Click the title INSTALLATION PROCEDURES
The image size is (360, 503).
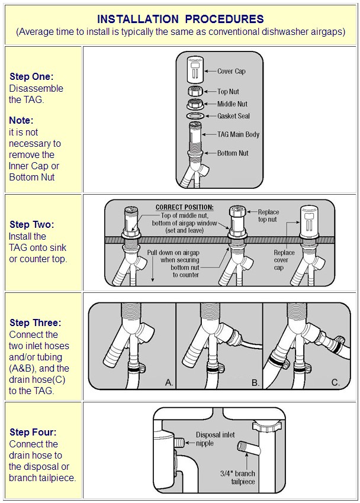pos(181,19)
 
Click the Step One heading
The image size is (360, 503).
pos(31,77)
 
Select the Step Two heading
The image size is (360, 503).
pos(32,224)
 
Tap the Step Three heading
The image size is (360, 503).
pos(36,323)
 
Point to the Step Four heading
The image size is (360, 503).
pos(33,433)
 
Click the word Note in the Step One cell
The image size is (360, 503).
pos(21,120)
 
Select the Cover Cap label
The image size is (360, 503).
pos(232,71)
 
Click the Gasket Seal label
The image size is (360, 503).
pos(233,116)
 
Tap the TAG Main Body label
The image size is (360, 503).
pos(238,134)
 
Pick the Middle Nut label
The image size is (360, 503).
pos(232,104)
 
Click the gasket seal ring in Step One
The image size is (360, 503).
pos(195,116)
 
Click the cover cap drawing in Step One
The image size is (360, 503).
pos(195,70)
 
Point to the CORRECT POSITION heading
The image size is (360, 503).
pos(185,208)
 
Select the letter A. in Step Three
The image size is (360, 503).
pos(169,382)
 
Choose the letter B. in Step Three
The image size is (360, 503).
pos(255,382)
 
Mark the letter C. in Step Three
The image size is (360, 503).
pos(336,382)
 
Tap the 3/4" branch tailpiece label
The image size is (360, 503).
pos(237,478)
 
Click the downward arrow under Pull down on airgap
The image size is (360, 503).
pos(153,269)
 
